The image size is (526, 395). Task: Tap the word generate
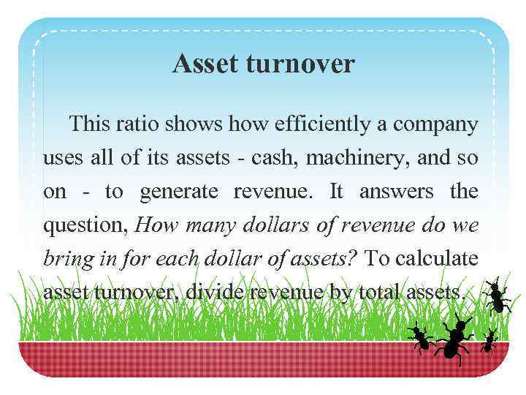pyautogui.click(x=179, y=192)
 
